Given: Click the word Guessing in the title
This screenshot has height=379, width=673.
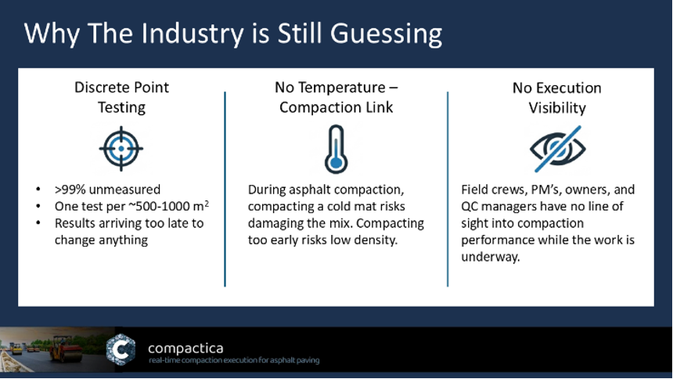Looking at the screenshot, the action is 386,34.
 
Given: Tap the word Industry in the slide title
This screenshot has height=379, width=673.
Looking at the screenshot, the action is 193,34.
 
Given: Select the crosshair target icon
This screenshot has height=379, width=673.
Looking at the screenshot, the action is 121,149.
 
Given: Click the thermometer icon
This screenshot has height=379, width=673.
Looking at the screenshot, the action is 336,149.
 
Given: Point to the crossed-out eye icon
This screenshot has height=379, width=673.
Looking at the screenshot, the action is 557,149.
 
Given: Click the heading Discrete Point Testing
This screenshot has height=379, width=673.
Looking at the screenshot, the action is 121,97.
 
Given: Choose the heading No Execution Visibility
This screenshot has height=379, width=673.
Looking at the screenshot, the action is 557,98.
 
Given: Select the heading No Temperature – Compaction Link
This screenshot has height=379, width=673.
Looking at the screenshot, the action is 336,97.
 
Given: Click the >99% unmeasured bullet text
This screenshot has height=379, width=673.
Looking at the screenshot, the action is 107,189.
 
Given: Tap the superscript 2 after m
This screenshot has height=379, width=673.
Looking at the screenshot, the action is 207,204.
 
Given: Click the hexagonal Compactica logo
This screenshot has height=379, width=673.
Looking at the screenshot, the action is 121,349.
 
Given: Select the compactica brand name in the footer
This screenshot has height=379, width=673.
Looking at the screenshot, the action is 185,348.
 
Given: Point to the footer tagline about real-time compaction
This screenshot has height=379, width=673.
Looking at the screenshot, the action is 234,360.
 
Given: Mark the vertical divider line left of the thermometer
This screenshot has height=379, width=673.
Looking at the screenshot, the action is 225,189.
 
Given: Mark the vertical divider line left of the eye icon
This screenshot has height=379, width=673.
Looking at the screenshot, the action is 448,189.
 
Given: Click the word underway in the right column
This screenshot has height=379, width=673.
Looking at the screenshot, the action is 490,257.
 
